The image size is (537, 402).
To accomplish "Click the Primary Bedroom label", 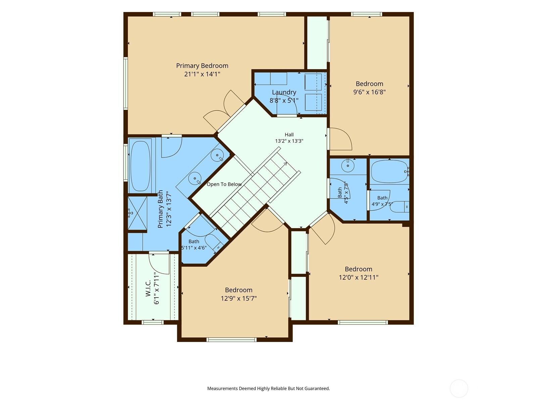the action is pyautogui.click(x=202, y=66).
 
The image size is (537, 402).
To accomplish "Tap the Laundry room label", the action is pyautogui.click(x=284, y=92).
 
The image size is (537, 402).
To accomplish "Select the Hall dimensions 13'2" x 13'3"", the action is pyautogui.click(x=289, y=141).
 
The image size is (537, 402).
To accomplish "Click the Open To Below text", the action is pyautogui.click(x=224, y=184).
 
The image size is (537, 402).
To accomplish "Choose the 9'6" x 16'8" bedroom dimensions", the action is pyautogui.click(x=370, y=92).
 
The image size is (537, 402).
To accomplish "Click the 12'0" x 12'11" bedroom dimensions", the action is pyautogui.click(x=358, y=277).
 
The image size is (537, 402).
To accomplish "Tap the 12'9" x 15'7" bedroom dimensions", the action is pyautogui.click(x=239, y=298).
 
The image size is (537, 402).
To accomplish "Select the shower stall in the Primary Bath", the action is pyautogui.click(x=138, y=213).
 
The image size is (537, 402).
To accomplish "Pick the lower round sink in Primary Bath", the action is pyautogui.click(x=195, y=179).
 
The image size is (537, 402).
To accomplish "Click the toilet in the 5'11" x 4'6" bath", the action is pyautogui.click(x=213, y=242).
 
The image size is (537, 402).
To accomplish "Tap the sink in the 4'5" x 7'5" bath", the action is pyautogui.click(x=348, y=166).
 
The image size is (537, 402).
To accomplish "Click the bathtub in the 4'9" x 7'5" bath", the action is pyautogui.click(x=389, y=171).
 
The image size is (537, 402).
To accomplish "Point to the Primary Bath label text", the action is pyautogui.click(x=160, y=209).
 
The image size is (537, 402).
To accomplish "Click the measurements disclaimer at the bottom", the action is pyautogui.click(x=268, y=388).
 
